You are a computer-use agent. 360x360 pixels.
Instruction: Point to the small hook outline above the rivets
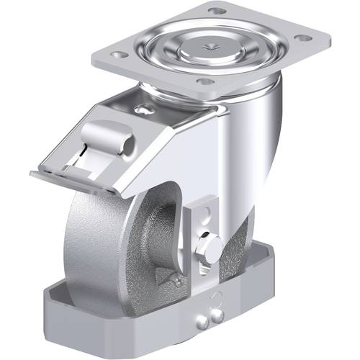pyautogui.click(x=215, y=299)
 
